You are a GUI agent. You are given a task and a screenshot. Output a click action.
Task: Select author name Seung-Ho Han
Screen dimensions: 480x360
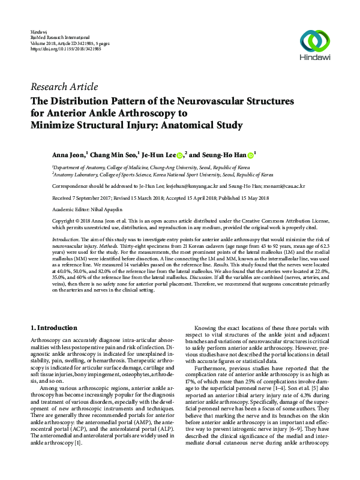224,154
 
